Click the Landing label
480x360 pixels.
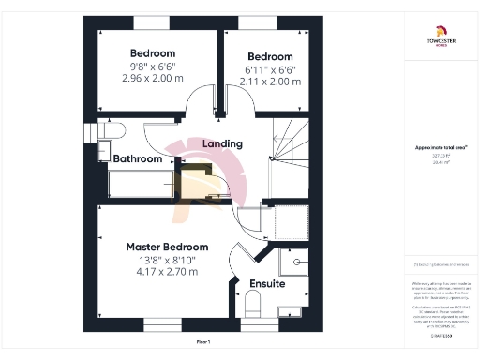click(x=223, y=143)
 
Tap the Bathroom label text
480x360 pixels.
click(x=138, y=158)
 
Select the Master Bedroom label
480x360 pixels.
click(x=168, y=247)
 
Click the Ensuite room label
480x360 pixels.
click(x=267, y=282)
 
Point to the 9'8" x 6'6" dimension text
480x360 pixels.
click(x=152, y=67)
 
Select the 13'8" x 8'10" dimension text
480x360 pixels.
click(x=167, y=260)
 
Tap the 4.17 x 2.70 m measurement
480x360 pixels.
click(x=167, y=272)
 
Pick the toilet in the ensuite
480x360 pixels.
click(x=251, y=304)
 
